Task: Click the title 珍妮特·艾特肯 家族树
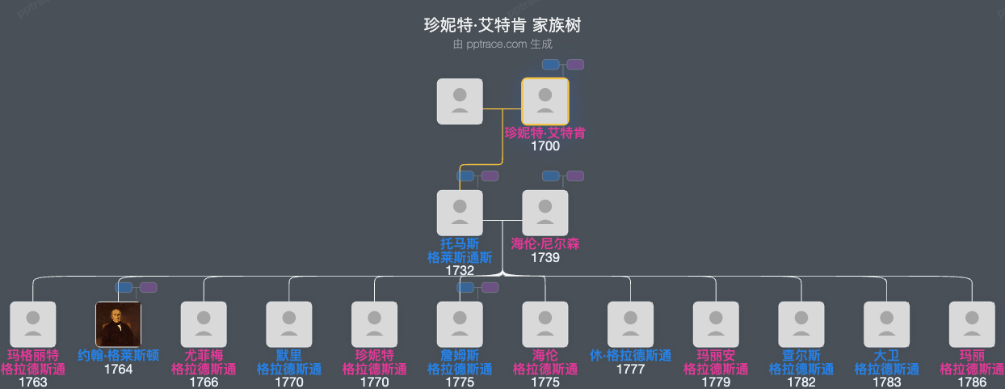(502, 25)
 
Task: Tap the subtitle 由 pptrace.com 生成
(502, 44)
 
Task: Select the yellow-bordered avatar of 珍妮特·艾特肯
(545, 101)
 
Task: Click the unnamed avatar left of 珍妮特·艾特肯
(460, 101)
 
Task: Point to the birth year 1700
(545, 146)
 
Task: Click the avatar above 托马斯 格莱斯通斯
(460, 213)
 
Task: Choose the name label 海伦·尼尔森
(545, 243)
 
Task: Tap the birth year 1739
(545, 257)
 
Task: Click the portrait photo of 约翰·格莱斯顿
(119, 324)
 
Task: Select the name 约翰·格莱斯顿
(119, 355)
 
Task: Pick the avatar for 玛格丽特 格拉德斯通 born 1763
(33, 324)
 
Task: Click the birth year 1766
(204, 382)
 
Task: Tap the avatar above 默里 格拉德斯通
(289, 324)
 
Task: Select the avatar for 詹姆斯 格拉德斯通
(460, 324)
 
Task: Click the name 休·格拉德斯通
(631, 355)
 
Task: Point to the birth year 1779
(716, 382)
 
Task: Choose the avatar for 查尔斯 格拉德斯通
(801, 324)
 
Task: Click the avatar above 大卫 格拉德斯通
(887, 324)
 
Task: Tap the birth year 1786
(972, 382)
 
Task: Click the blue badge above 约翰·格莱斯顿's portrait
(124, 287)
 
